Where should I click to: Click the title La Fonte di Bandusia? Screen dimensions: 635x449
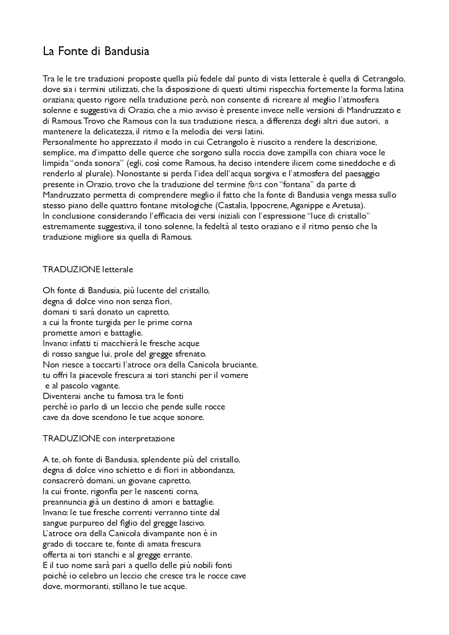[x=96, y=52]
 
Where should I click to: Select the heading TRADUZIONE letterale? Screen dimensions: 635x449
[x=88, y=270]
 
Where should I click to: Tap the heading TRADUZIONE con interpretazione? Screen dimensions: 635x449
[x=108, y=439]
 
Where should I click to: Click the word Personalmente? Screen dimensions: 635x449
[x=68, y=142]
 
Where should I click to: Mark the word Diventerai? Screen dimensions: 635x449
[x=62, y=397]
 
